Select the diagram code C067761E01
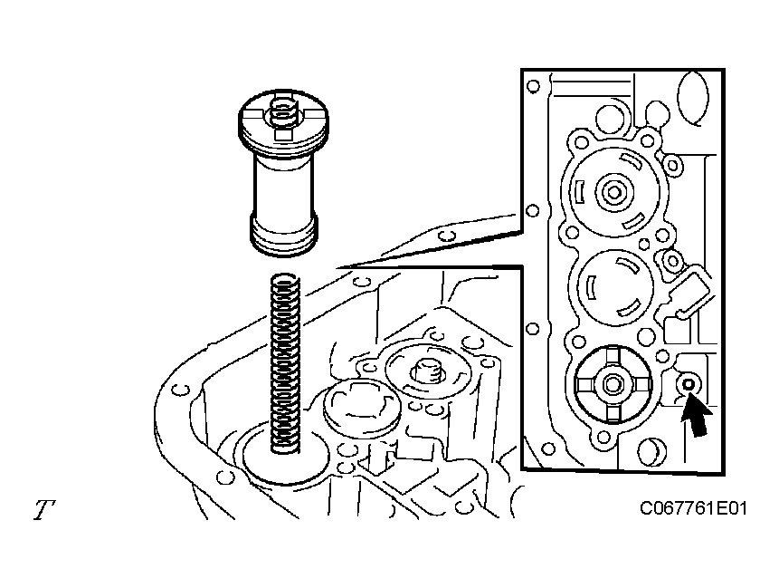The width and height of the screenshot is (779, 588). click(x=692, y=509)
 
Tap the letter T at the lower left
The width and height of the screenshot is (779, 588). click(x=43, y=510)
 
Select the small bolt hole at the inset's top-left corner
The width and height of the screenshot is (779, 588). click(x=534, y=89)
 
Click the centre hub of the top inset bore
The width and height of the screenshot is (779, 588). click(x=612, y=192)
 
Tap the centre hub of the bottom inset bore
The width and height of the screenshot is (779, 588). click(x=612, y=383)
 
